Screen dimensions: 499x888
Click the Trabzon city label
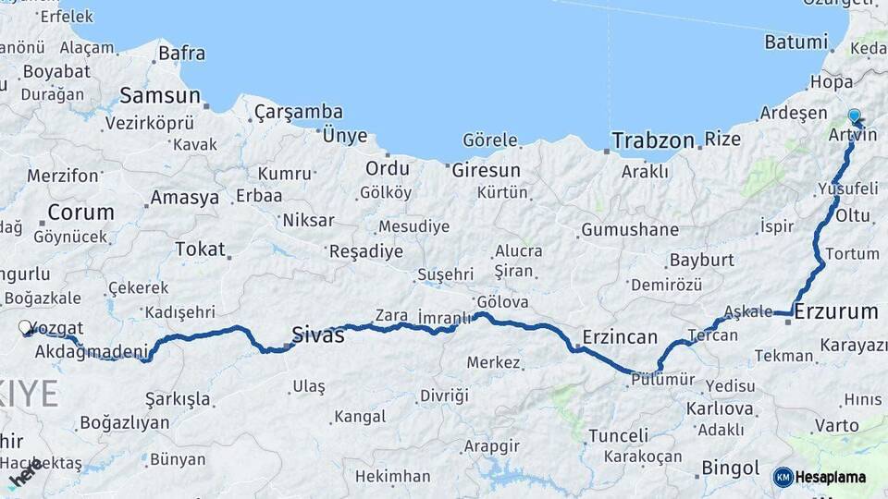point(653,140)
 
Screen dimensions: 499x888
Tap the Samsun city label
point(160,95)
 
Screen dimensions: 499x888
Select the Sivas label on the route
point(318,335)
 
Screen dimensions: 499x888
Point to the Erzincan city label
point(620,336)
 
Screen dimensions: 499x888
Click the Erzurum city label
point(836,311)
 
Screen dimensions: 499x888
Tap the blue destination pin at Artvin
point(854,117)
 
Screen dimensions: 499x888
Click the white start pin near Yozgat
point(26,327)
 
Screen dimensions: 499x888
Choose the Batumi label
point(795,42)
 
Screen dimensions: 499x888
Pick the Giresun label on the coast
point(486,171)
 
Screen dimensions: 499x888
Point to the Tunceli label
point(618,435)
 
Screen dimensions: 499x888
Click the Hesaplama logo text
point(832,477)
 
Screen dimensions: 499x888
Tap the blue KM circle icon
point(783,477)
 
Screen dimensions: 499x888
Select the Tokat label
point(200,249)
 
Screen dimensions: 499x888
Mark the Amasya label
point(185,198)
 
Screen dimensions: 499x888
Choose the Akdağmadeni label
point(91,352)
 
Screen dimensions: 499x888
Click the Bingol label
point(731,468)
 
